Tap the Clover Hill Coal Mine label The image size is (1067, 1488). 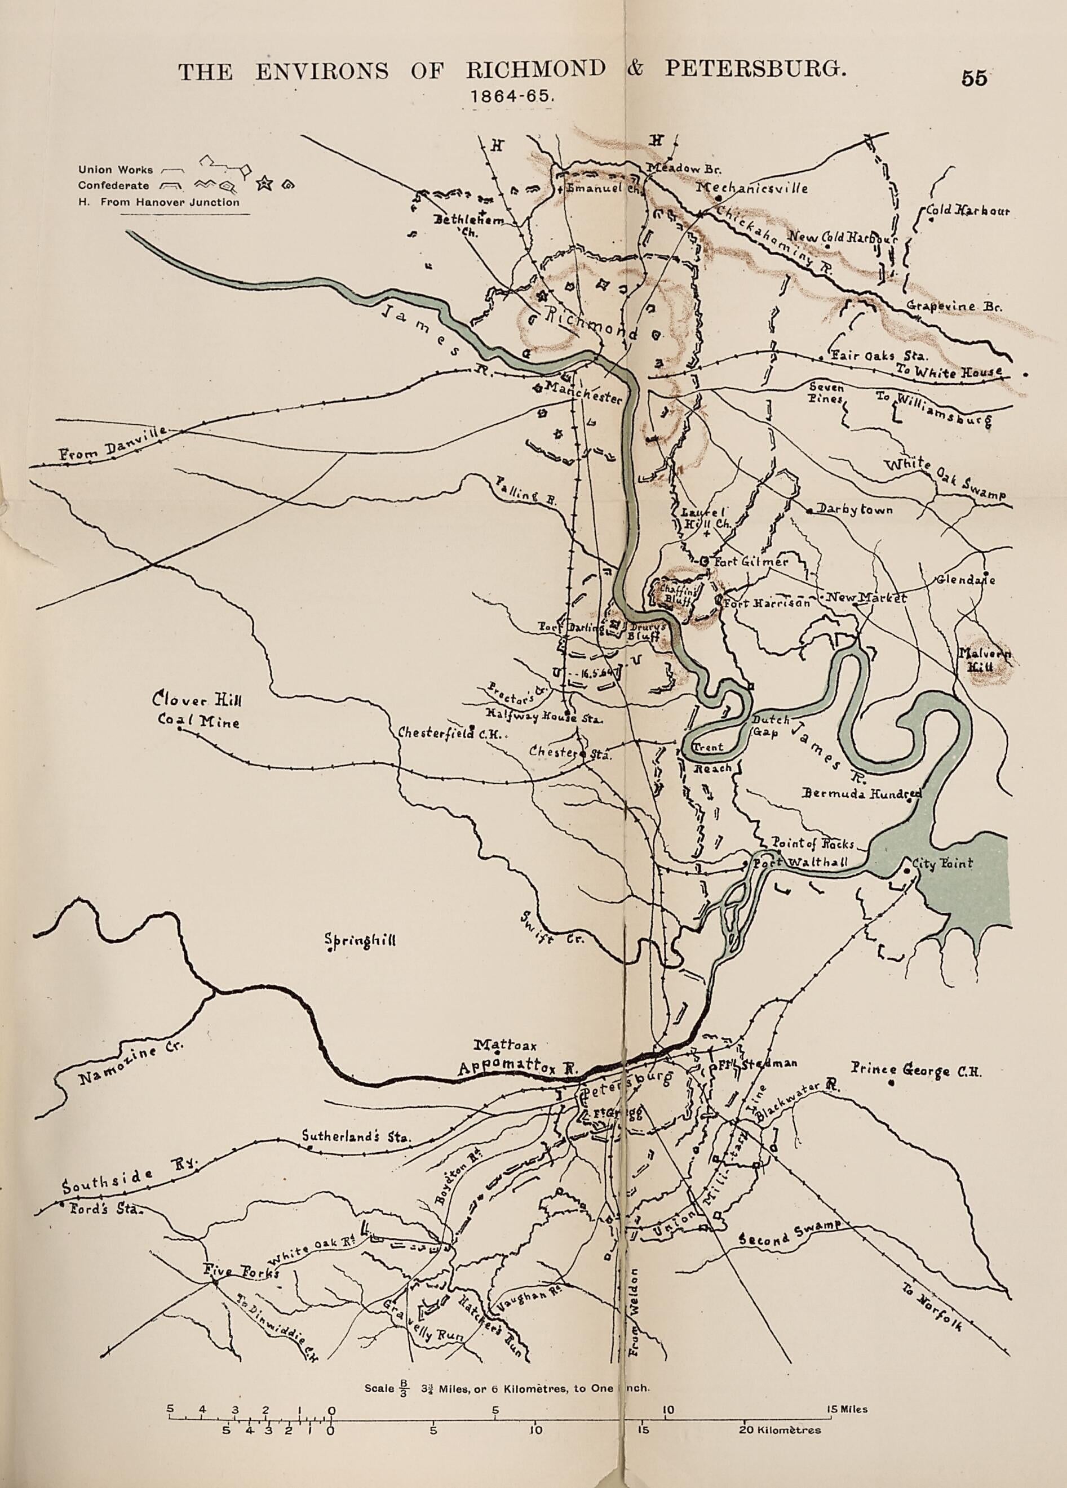point(197,709)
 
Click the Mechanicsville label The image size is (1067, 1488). point(751,188)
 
